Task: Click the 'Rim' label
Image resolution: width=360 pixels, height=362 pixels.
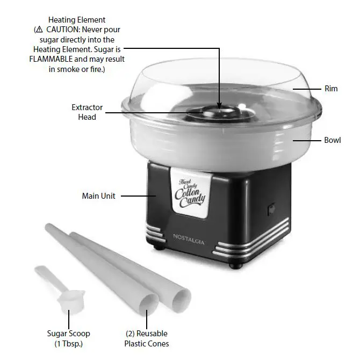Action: pos(331,88)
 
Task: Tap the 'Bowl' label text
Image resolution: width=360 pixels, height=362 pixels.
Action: pos(332,140)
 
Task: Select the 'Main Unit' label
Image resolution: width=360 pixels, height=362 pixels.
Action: pos(98,196)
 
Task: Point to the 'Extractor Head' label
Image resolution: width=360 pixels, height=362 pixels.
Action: pos(87,112)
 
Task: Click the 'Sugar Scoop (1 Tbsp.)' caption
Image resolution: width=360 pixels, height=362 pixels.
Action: pos(68,338)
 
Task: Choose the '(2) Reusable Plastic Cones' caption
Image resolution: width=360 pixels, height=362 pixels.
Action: pos(147,338)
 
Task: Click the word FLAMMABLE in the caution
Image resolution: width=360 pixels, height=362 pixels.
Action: pos(52,60)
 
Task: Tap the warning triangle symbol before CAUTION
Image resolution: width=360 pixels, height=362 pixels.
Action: pos(39,30)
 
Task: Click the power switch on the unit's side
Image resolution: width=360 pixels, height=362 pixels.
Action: pos(271,208)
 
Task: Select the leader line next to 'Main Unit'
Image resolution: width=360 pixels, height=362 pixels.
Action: pos(138,196)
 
